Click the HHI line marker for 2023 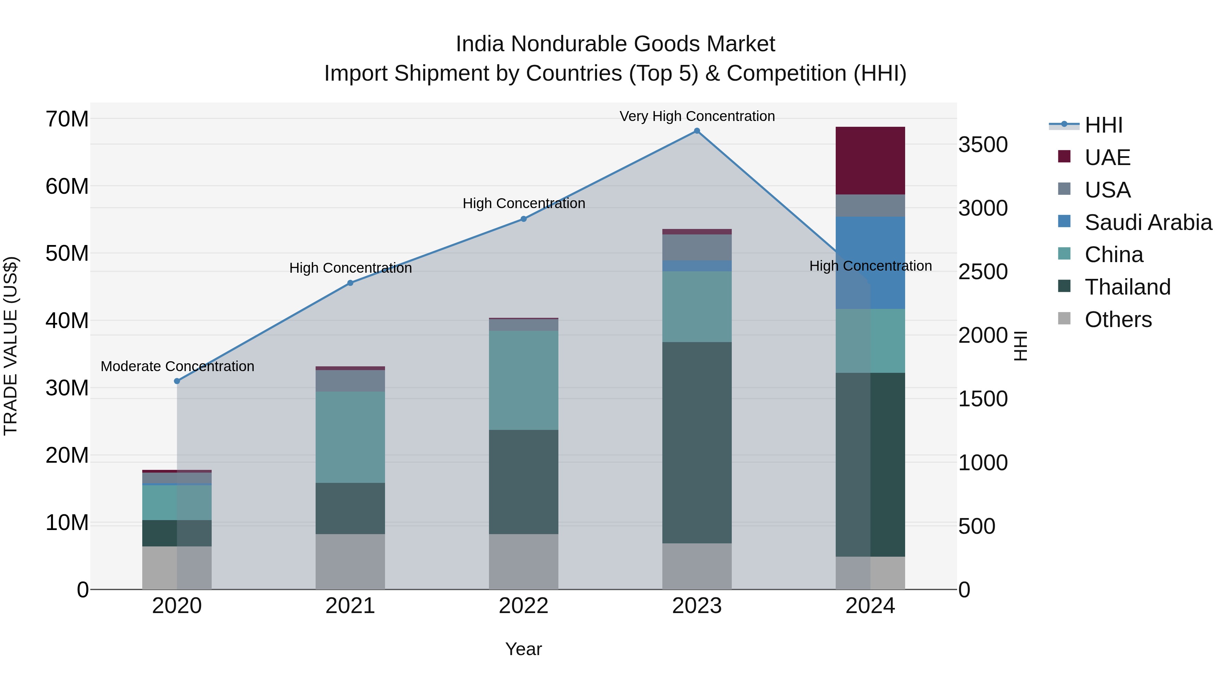coord(697,131)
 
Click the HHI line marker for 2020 coord(177,381)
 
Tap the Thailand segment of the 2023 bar coord(697,442)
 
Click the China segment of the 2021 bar coord(350,437)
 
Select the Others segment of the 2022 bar coord(523,561)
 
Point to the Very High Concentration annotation coord(697,116)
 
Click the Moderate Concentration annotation coord(177,366)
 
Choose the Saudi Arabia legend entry coord(1148,222)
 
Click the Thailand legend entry coord(1127,287)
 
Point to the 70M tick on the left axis coord(67,119)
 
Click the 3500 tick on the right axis coord(983,145)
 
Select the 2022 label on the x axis coord(523,606)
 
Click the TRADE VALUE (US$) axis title coord(11,346)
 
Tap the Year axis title coord(523,649)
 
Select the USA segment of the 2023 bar coord(697,247)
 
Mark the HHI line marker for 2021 coord(350,283)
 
